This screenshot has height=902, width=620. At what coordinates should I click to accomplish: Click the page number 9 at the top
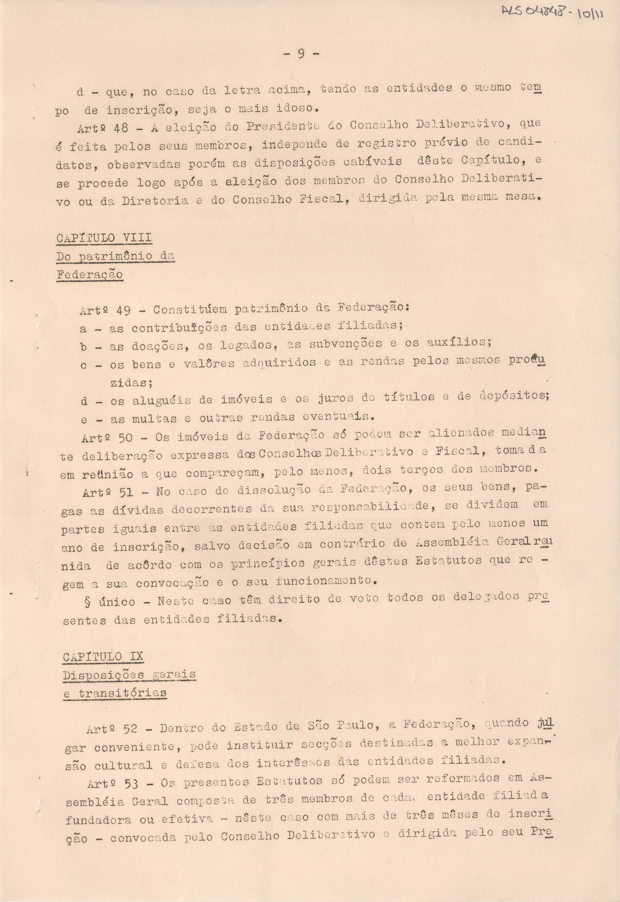point(301,54)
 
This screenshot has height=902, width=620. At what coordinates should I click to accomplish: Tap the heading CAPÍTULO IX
point(103,656)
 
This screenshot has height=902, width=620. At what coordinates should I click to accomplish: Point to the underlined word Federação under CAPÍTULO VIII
point(89,274)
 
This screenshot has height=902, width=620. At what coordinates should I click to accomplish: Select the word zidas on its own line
point(131,383)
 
